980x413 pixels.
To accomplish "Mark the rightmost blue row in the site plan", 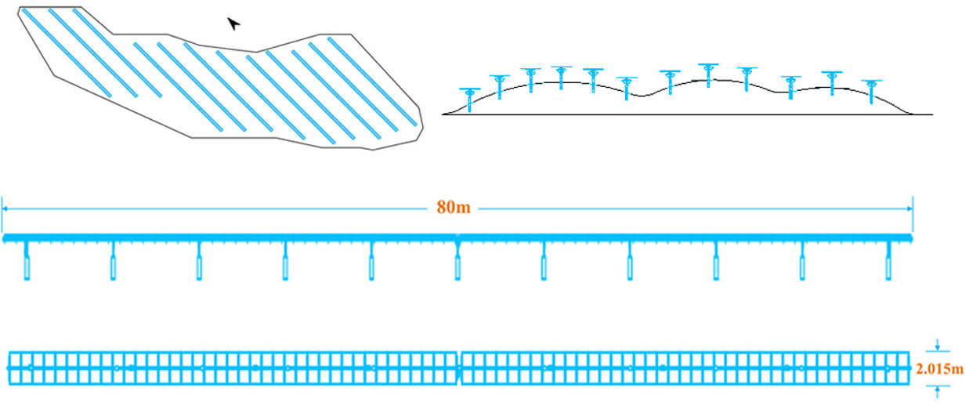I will [x=371, y=82].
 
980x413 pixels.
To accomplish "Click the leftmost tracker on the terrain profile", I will [x=469, y=99].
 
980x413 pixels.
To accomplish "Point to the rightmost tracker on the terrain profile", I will [x=871, y=91].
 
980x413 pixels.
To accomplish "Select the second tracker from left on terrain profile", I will [x=500, y=85].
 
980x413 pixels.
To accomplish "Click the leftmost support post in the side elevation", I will [x=27, y=262].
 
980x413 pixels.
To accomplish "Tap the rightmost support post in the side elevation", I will [x=888, y=262].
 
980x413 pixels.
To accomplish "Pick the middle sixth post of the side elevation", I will [x=457, y=262].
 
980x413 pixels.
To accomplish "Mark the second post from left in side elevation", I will [x=113, y=262].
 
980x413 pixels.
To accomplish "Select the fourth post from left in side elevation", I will [x=285, y=262].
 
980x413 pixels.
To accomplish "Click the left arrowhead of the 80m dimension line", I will [x=5, y=208].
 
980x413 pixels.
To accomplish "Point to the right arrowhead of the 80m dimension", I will [x=909, y=208].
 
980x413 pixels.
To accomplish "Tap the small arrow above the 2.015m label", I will [x=938, y=346].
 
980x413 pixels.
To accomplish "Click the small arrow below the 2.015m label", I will [x=938, y=389].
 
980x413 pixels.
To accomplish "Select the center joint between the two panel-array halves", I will [x=459, y=368].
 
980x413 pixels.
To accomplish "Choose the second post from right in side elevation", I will [x=802, y=262].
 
